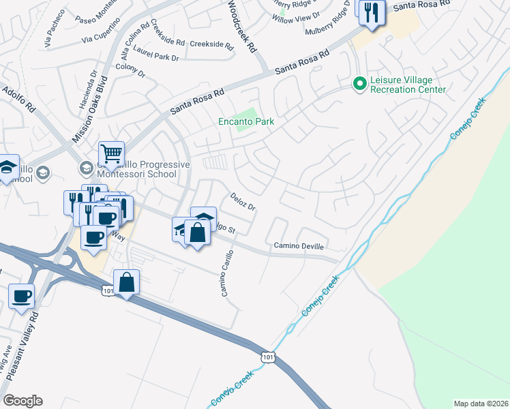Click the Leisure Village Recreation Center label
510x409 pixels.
(x=407, y=85)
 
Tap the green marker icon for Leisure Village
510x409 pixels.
(x=359, y=84)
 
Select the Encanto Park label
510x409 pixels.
(x=246, y=122)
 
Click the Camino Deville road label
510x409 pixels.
(x=299, y=245)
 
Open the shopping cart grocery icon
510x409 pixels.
(x=111, y=153)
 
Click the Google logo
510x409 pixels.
(x=22, y=401)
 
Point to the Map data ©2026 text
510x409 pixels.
(x=481, y=404)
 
